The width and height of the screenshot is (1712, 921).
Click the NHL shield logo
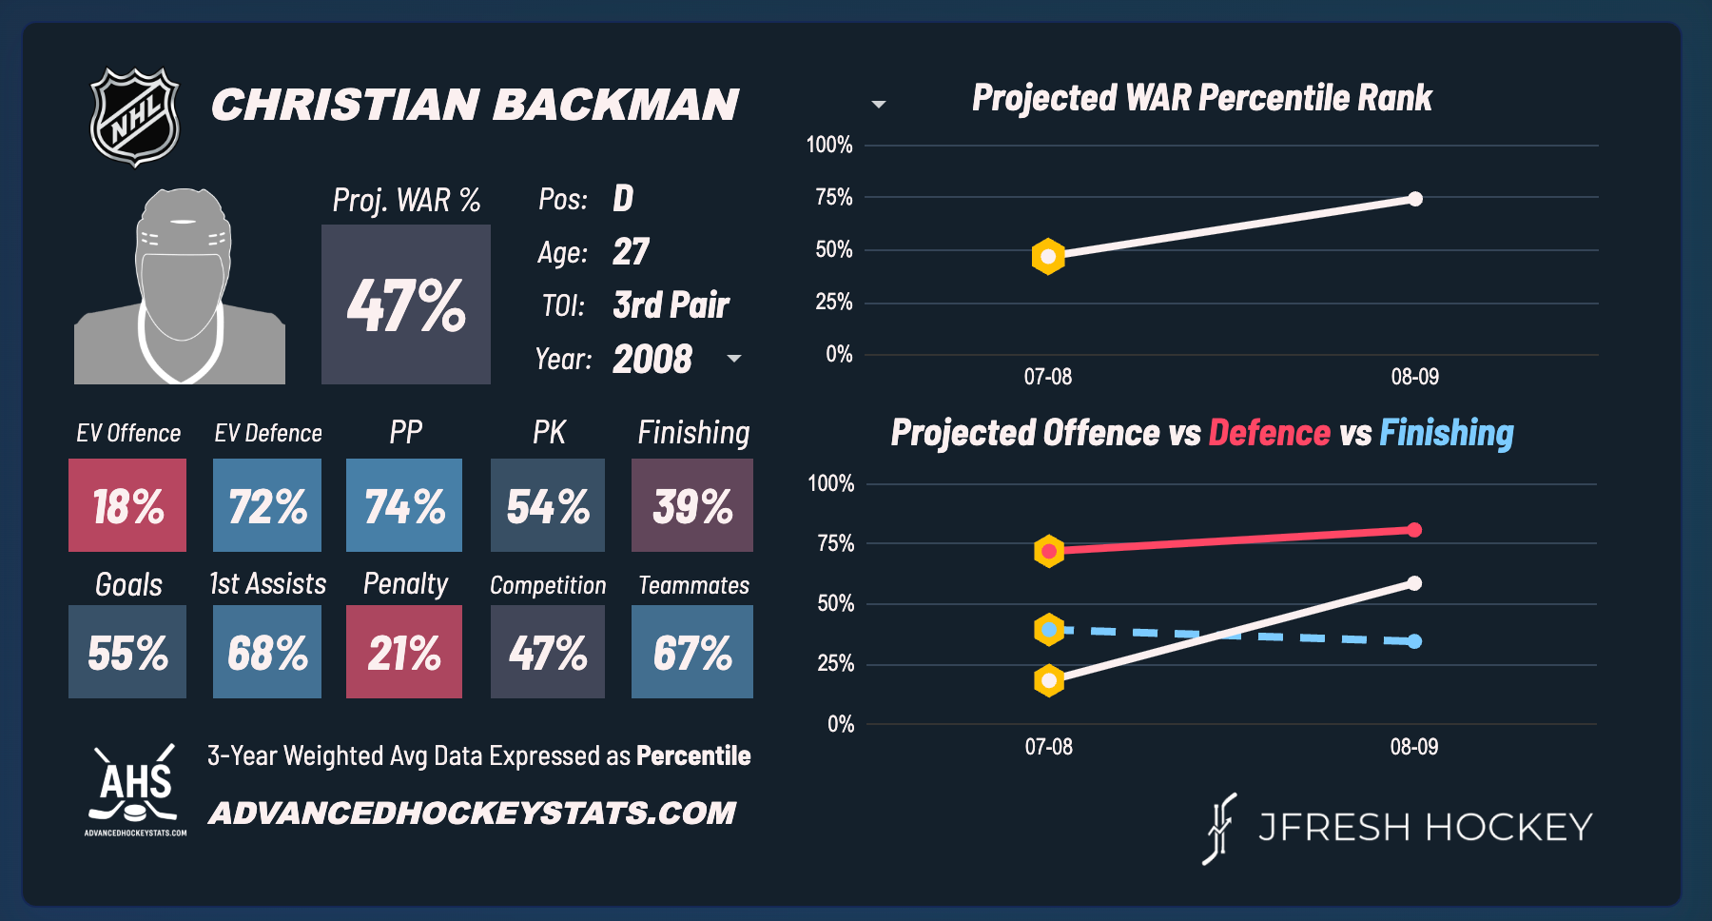[x=134, y=117]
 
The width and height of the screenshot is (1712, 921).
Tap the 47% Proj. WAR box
[x=406, y=304]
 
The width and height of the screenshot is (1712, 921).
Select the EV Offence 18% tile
[x=127, y=505]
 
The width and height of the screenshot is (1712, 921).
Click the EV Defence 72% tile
[x=267, y=505]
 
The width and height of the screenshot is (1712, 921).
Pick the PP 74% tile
[x=404, y=505]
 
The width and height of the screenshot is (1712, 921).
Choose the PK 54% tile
[x=548, y=505]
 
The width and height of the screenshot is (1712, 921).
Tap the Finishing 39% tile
[x=692, y=505]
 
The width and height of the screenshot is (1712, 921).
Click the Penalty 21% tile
[x=404, y=652]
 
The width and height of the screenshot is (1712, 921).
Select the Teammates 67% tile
[x=692, y=652]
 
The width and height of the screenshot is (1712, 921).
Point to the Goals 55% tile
[x=127, y=652]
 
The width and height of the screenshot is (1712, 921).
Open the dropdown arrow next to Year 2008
[x=734, y=359]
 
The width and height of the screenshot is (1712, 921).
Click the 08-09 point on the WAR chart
[x=1415, y=199]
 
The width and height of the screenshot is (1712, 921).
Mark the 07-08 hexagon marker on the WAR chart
[x=1048, y=257]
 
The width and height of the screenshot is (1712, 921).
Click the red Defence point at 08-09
[x=1414, y=530]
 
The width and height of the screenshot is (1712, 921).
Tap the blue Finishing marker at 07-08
[x=1049, y=629]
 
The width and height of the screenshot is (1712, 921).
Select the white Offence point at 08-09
[x=1414, y=583]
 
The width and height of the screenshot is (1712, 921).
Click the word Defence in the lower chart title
[x=1269, y=433]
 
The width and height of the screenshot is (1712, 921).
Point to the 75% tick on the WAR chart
[x=833, y=198]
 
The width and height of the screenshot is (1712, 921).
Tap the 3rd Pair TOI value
[x=671, y=305]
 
